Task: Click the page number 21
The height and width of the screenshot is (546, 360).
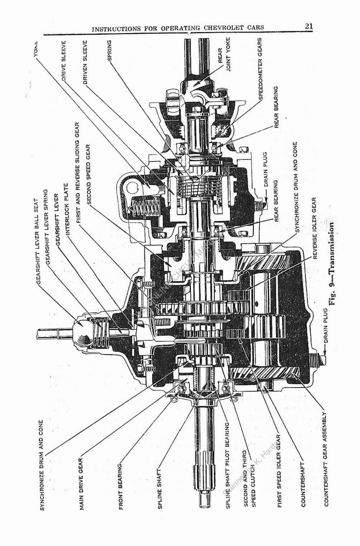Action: click(x=309, y=26)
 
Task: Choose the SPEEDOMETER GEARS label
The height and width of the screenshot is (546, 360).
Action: click(x=260, y=69)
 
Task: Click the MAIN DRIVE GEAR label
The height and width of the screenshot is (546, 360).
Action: click(x=82, y=483)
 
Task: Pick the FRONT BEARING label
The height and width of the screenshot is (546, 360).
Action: click(x=121, y=486)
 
